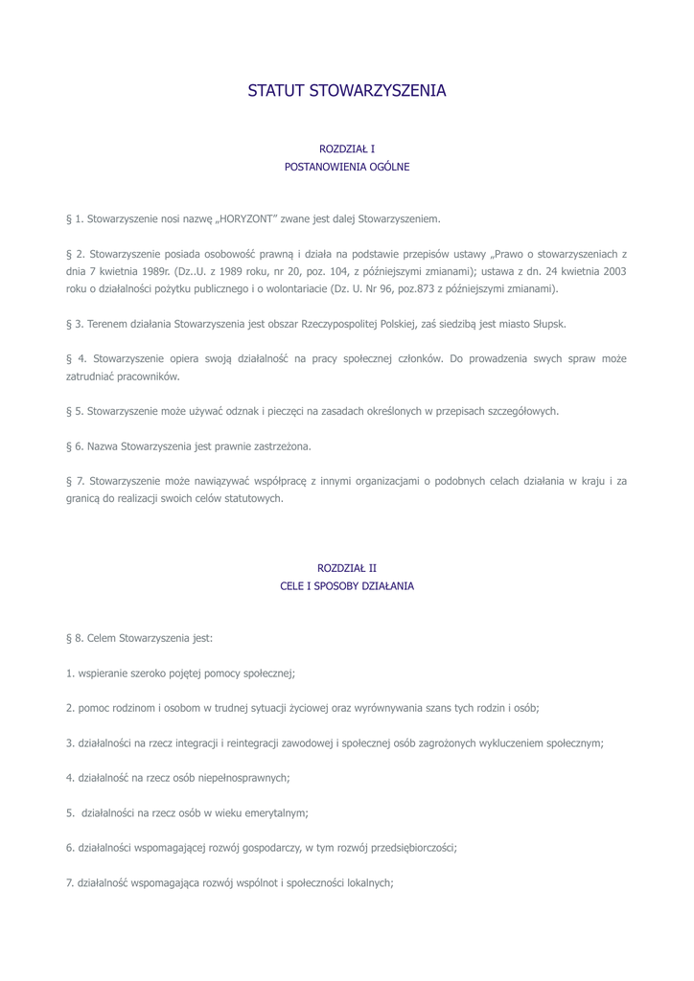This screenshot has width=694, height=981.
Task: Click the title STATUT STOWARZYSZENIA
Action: tap(347, 92)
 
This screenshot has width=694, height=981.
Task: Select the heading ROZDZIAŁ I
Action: tap(347, 149)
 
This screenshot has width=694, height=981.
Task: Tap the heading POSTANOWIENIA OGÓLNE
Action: tap(347, 167)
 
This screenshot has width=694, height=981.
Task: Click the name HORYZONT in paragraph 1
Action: tap(246, 219)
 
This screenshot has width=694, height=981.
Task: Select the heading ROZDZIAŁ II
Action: tap(347, 568)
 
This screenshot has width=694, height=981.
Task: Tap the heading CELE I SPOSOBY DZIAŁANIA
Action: tap(347, 585)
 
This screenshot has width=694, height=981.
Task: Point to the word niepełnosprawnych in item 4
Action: tap(245, 778)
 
